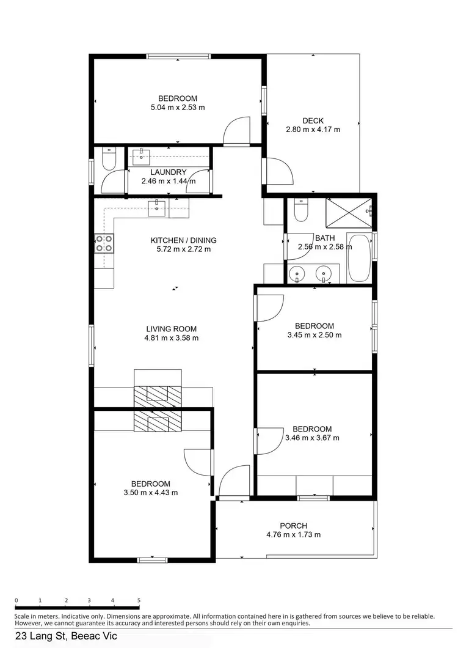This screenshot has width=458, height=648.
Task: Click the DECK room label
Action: point(313,120)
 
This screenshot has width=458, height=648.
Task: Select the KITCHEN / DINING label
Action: point(183,240)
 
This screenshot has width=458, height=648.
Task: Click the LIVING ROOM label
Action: point(171,329)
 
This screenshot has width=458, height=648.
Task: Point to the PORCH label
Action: point(293,526)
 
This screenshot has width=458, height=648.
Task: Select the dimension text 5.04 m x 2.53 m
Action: point(177,108)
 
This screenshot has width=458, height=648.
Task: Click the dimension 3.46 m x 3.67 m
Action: point(311,438)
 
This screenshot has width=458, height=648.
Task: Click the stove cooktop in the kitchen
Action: point(104,244)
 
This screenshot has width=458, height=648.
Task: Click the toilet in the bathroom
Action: point(300,210)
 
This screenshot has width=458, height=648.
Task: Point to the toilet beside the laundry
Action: point(108,160)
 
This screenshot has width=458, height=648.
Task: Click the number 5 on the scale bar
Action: point(139,600)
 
